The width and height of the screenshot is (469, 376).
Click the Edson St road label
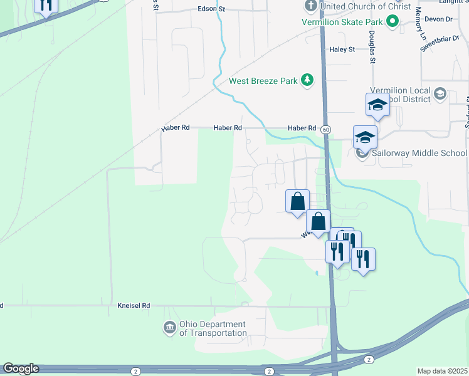(x=211, y=9)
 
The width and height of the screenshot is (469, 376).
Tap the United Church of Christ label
(x=366, y=6)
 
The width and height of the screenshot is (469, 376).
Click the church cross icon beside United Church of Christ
(x=310, y=6)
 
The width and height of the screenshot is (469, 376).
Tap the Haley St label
(x=342, y=49)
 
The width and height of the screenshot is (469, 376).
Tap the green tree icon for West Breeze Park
(x=307, y=80)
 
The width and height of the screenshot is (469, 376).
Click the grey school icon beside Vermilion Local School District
(x=440, y=94)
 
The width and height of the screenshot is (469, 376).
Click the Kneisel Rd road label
(x=134, y=306)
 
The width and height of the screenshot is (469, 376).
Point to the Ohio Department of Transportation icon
(x=169, y=328)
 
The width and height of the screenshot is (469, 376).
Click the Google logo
(x=20, y=368)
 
